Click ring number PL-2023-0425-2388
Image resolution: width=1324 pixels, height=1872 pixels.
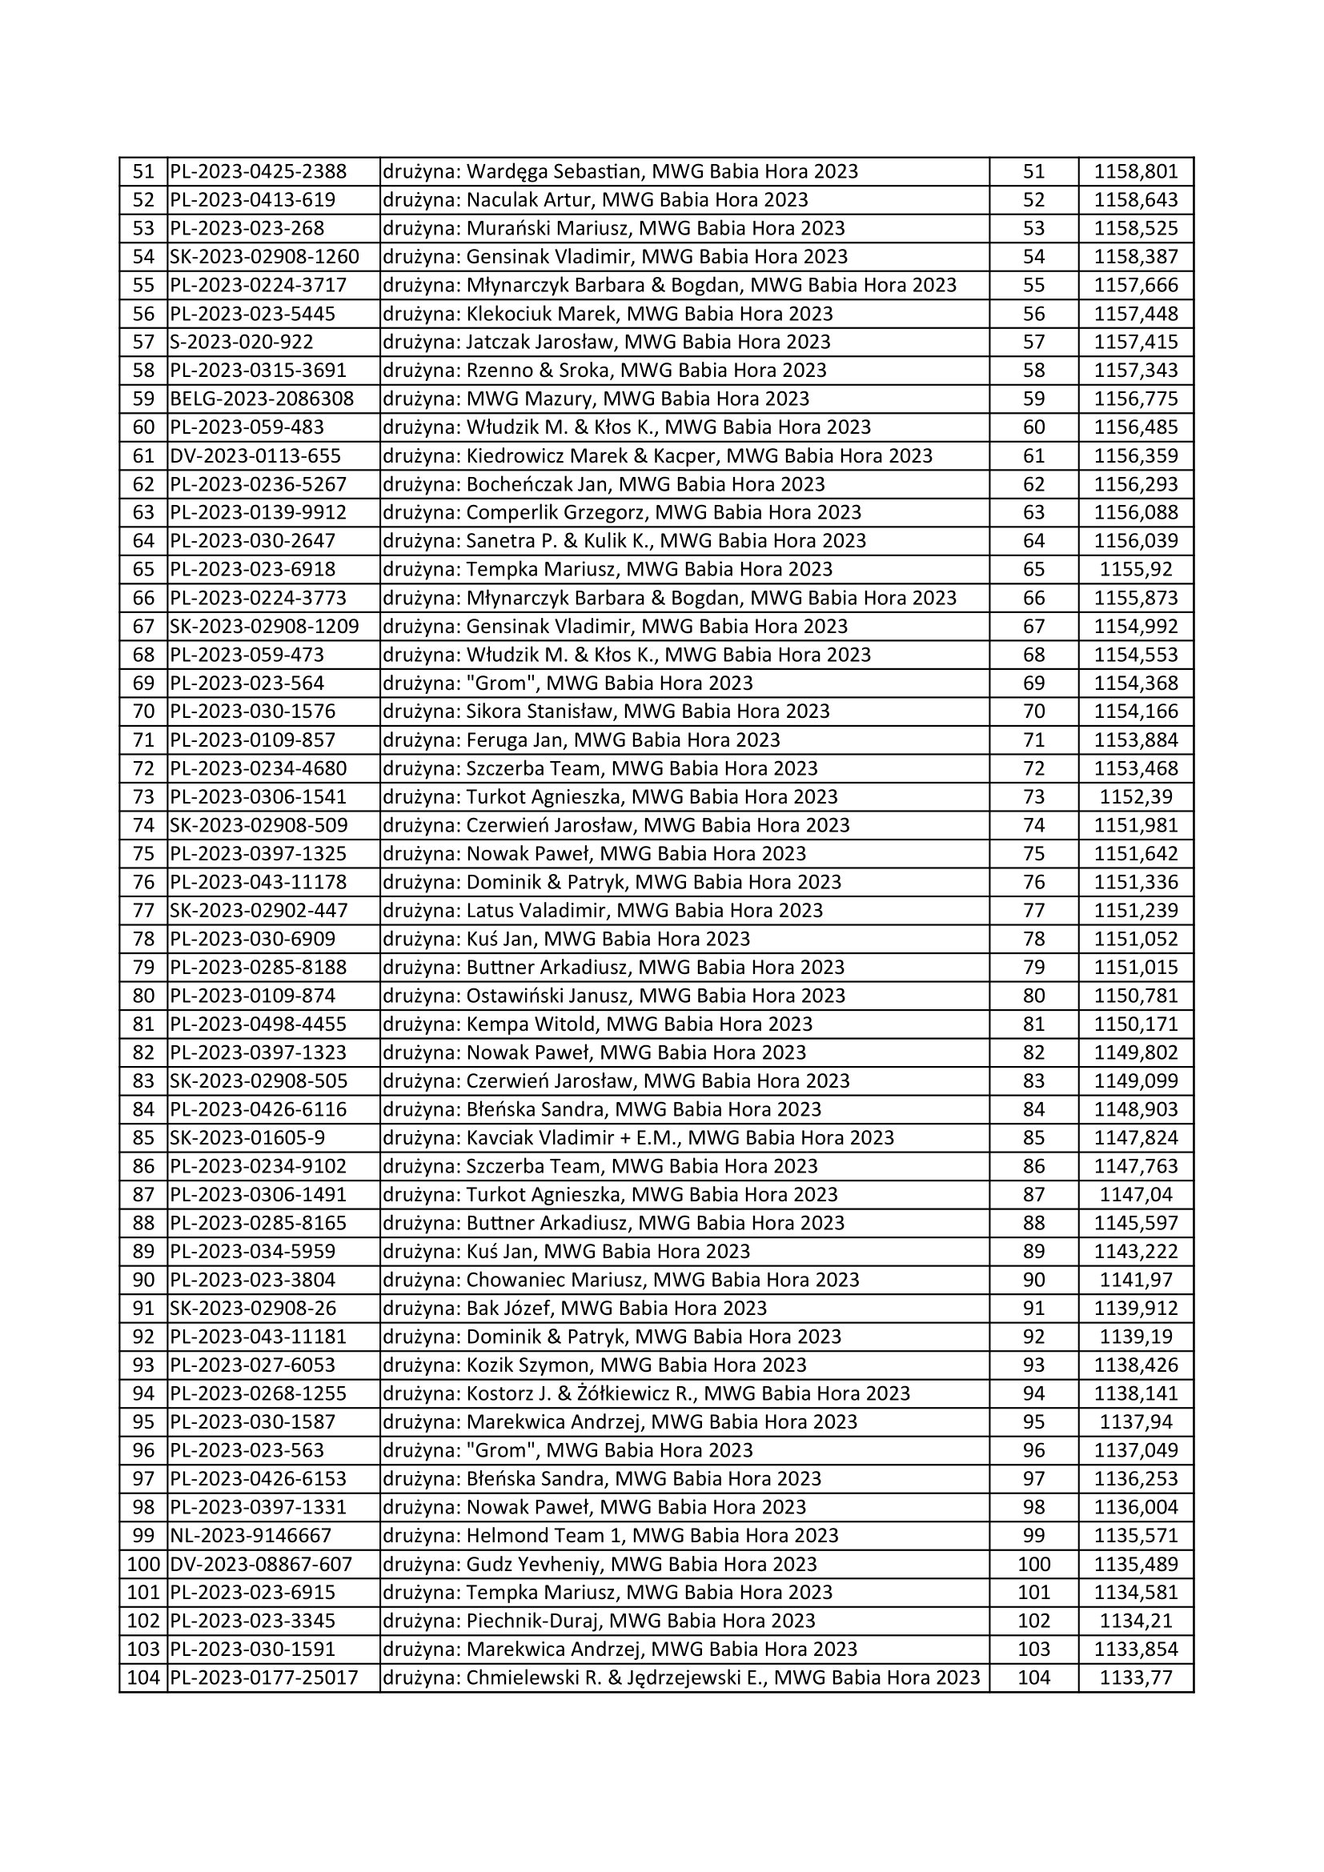259,171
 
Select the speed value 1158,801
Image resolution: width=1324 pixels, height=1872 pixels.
1136,171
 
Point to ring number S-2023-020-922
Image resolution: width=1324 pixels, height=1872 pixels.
242,342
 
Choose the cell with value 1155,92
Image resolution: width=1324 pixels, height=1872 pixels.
1136,569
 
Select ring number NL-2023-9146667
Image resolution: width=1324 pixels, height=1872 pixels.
251,1535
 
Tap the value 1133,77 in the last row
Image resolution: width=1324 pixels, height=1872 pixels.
1136,1678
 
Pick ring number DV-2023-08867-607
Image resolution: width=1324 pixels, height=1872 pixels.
261,1564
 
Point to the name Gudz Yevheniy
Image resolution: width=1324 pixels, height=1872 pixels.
532,1564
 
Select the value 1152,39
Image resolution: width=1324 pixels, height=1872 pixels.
1136,796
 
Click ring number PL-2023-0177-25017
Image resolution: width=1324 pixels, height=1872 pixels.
264,1678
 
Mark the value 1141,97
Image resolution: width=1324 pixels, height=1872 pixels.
1136,1279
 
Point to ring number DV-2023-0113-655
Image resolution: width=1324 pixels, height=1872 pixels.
255,455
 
